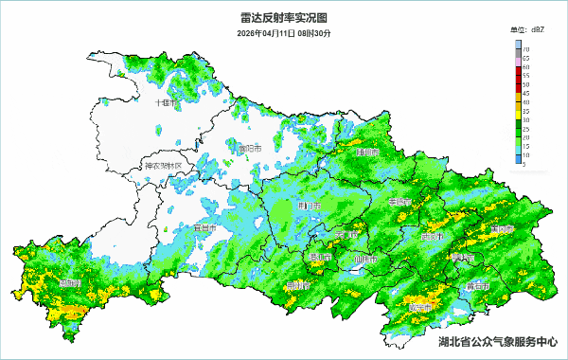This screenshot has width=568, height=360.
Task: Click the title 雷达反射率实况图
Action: (x=284, y=17)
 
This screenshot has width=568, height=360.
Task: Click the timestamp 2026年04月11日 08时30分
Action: (x=284, y=33)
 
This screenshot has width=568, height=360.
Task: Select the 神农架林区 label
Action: (x=167, y=166)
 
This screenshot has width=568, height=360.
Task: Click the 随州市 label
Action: (x=367, y=152)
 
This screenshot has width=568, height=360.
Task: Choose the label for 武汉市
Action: (x=432, y=236)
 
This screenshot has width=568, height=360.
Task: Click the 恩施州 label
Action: (x=69, y=283)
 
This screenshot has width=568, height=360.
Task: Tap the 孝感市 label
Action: (x=401, y=202)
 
